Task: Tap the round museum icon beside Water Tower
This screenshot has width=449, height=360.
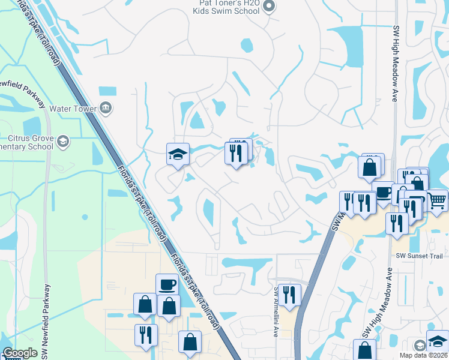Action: point(106,108)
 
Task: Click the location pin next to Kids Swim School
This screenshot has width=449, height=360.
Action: point(269,7)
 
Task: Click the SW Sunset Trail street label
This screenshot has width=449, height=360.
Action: point(419,256)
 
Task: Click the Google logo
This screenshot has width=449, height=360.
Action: point(20,353)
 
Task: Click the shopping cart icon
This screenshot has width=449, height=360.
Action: point(438,200)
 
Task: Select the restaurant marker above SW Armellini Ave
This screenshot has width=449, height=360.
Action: point(290,295)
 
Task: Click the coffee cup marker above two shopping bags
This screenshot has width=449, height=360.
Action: point(166,284)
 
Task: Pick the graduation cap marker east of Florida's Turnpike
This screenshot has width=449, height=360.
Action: point(178,154)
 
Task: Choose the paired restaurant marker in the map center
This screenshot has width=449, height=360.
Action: point(236,152)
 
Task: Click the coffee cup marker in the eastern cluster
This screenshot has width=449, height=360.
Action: point(383,193)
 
